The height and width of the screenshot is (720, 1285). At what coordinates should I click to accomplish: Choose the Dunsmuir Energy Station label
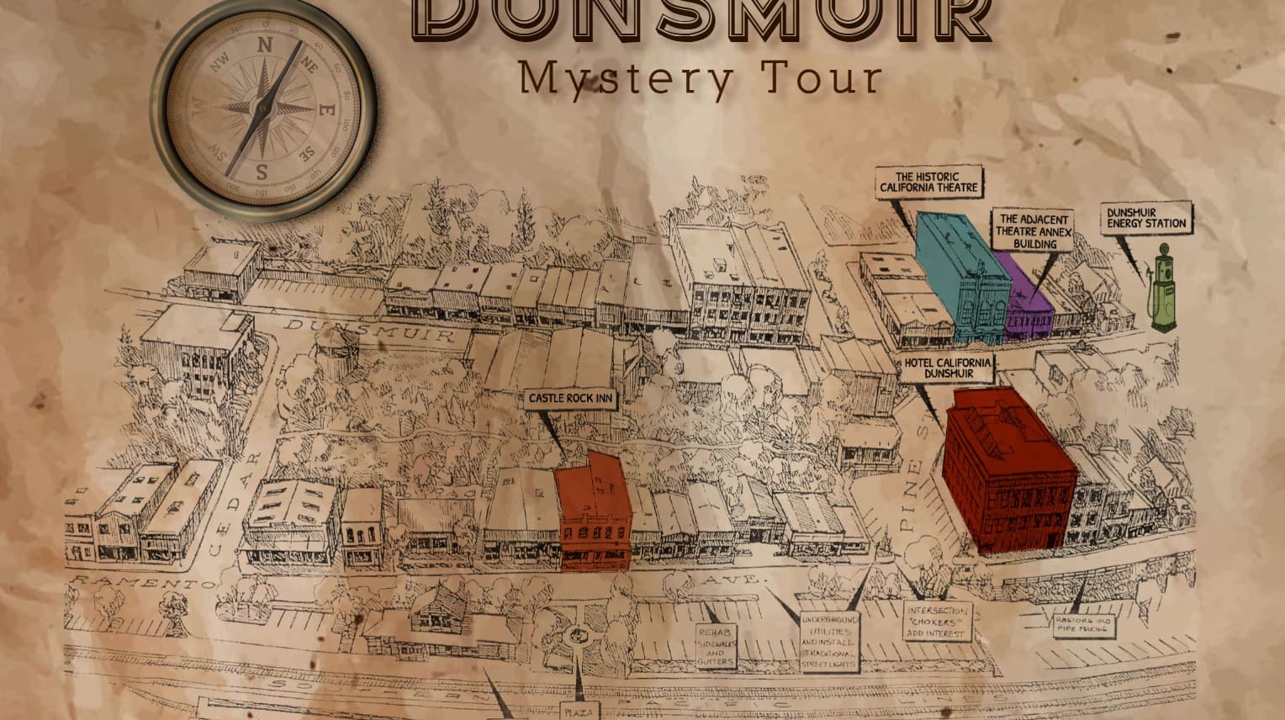point(1146,218)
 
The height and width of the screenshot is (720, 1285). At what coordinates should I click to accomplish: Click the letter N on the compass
point(262,46)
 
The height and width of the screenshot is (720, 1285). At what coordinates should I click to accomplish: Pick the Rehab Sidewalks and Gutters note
point(715,646)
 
